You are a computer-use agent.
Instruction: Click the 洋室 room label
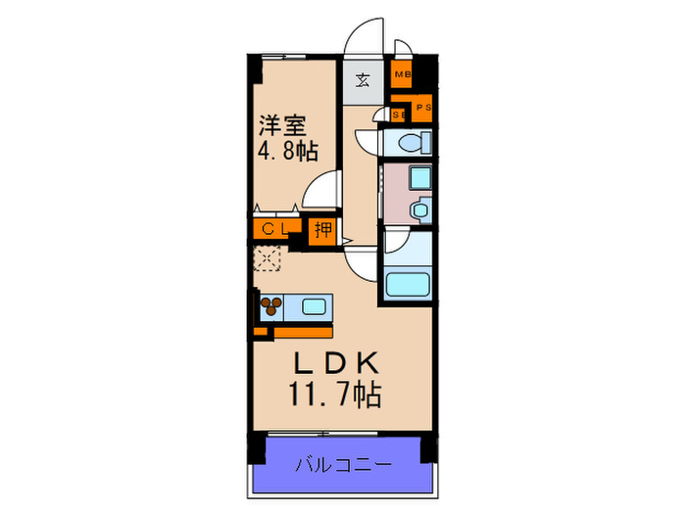click(x=283, y=125)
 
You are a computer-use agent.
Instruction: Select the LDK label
click(x=333, y=364)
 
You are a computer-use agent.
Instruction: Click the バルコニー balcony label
click(x=343, y=463)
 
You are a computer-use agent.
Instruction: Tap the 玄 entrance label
click(x=362, y=80)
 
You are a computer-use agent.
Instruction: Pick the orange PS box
click(x=422, y=109)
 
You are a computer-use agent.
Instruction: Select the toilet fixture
click(x=410, y=144)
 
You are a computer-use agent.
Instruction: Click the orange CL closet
click(x=273, y=231)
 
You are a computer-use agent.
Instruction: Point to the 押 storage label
click(x=322, y=231)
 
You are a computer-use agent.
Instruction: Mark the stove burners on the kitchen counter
click(x=270, y=306)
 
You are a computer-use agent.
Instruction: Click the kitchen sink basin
click(x=315, y=306)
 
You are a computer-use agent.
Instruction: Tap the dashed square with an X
click(x=268, y=258)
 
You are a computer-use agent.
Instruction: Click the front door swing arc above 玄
click(x=365, y=37)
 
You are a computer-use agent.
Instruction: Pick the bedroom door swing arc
click(x=320, y=189)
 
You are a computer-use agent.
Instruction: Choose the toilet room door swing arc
click(x=368, y=137)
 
